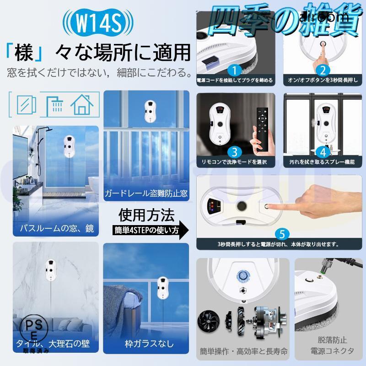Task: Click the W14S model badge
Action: pyautogui.click(x=99, y=22)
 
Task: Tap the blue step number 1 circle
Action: pyautogui.click(x=235, y=70)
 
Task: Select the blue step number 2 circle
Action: pyautogui.click(x=323, y=70)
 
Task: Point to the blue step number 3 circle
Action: pyautogui.click(x=235, y=151)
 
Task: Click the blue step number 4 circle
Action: pyautogui.click(x=323, y=151)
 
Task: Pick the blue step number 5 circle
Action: pyautogui.click(x=282, y=234)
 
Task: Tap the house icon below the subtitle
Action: pyautogui.click(x=82, y=104)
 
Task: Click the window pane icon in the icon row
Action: pyautogui.click(x=27, y=104)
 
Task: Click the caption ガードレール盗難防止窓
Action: pyautogui.click(x=146, y=193)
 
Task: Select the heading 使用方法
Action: pyautogui.click(x=146, y=215)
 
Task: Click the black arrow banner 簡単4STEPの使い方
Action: pyautogui.click(x=151, y=230)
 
